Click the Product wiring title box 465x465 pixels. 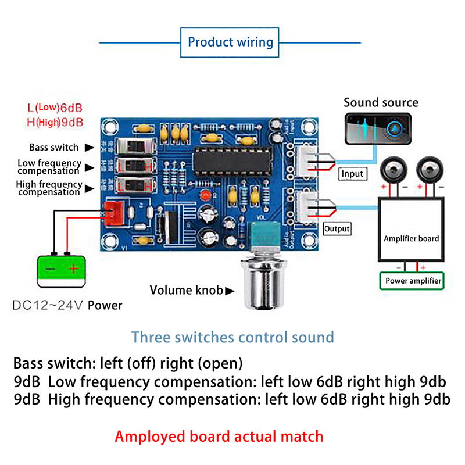click(x=230, y=42)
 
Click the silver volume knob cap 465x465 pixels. click(x=263, y=284)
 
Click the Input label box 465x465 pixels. click(x=352, y=173)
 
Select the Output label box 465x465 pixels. click(x=337, y=228)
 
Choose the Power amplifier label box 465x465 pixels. click(x=413, y=281)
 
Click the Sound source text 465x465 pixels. click(x=381, y=103)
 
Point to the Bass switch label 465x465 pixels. click(x=55, y=148)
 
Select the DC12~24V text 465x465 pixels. click(x=48, y=305)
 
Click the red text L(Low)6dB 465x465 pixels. click(x=55, y=108)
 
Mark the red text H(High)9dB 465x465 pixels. click(x=55, y=122)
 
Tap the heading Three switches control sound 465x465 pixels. click(x=233, y=337)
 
